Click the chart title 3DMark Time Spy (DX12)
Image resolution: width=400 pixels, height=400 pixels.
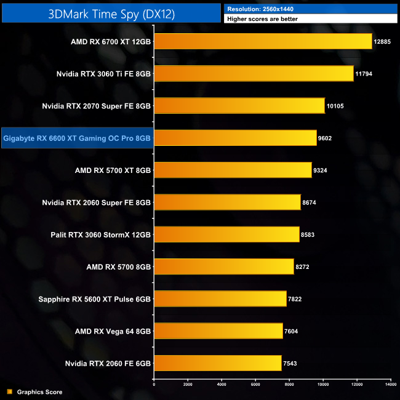tap(111, 14)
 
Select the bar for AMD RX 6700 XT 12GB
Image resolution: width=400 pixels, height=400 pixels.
tap(263, 41)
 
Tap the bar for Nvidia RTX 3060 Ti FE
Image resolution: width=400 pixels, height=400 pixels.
tap(254, 74)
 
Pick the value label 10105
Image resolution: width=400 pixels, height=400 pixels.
tap(335, 106)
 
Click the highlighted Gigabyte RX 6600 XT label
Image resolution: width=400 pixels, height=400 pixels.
tap(77, 138)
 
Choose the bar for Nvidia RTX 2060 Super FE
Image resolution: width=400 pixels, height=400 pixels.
tap(227, 202)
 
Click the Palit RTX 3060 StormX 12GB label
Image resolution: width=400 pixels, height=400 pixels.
tap(100, 234)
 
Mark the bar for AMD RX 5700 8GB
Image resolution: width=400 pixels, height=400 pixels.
tap(223, 266)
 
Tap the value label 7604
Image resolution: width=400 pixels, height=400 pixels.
tap(292, 331)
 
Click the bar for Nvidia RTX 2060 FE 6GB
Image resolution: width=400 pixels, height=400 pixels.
tap(217, 363)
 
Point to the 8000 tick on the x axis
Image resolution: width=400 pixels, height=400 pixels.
tap(289, 383)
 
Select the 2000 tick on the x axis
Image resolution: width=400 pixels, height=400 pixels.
tap(188, 383)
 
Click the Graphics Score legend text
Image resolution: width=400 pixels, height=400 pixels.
tap(39, 392)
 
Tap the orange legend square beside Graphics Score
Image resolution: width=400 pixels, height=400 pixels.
tap(9, 392)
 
